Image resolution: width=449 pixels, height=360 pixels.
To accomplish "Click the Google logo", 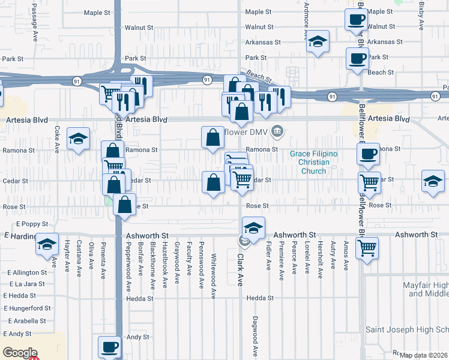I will [x=19, y=353].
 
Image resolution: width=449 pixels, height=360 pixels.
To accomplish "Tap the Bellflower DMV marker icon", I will [x=277, y=130].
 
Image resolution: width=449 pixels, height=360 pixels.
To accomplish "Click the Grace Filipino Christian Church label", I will [x=313, y=163].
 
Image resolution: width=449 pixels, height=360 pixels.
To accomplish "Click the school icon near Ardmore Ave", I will [x=318, y=42].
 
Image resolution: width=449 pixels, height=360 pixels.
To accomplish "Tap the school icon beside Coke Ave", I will [x=78, y=139].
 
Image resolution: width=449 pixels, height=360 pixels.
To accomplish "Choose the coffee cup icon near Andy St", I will [x=109, y=347].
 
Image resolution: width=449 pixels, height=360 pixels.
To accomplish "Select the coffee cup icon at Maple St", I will [x=356, y=19].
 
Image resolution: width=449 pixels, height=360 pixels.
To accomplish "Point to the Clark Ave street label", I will [x=240, y=269].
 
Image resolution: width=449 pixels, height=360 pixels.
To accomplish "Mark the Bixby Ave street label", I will [x=421, y=15].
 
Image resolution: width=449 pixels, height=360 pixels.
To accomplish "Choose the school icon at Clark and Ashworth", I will [x=253, y=229].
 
